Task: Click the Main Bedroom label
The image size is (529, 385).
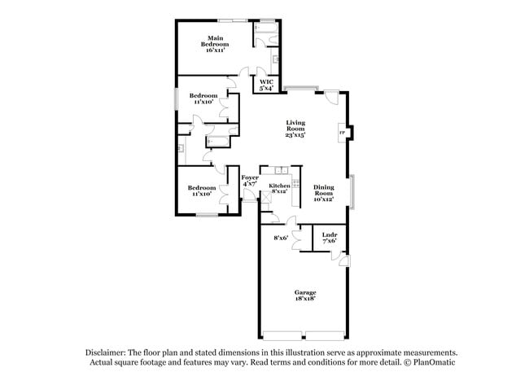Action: tap(215, 41)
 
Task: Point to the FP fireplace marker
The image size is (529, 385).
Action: tap(343, 133)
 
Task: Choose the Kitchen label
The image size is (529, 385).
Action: tap(278, 186)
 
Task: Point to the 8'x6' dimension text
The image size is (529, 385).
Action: tap(280, 238)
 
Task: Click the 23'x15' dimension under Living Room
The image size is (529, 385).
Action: tap(295, 135)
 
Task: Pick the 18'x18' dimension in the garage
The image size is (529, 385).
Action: tap(305, 299)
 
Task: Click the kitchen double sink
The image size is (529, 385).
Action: tap(282, 170)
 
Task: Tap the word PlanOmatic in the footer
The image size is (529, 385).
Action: tap(428, 361)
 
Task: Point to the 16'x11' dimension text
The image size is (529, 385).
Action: tap(215, 50)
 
